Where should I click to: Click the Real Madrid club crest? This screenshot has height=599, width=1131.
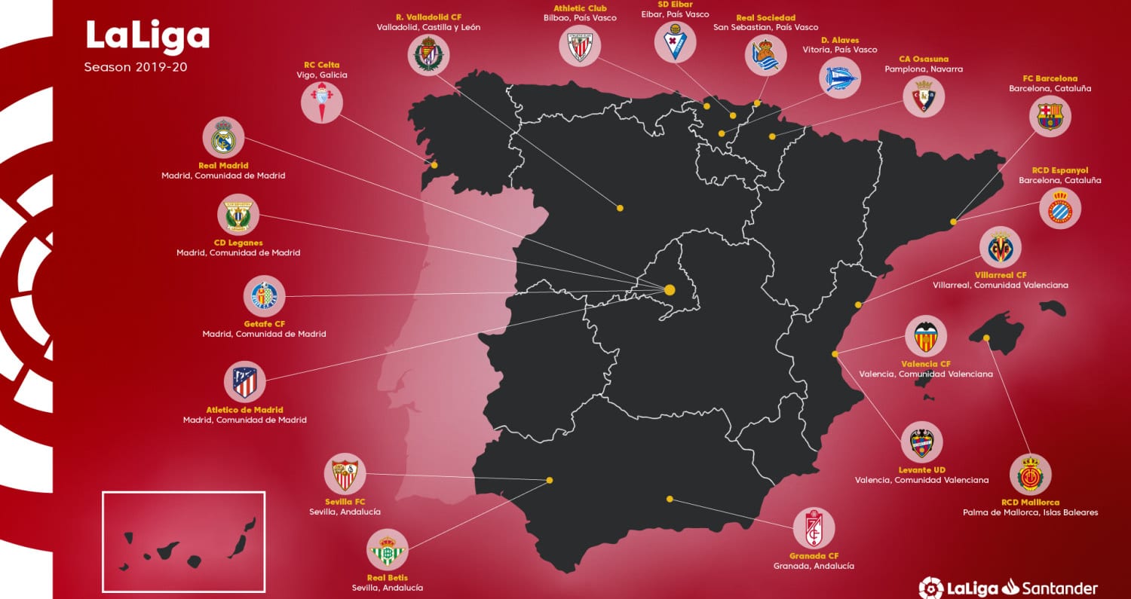[x=223, y=139]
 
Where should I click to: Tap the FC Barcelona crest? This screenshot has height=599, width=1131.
[x=1050, y=116]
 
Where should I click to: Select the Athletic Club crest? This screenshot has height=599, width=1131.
[x=580, y=47]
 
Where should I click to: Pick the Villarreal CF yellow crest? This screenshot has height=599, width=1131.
[x=1001, y=248]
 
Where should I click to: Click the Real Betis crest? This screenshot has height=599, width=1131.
[x=388, y=551]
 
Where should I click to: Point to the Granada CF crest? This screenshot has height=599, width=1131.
[x=814, y=527]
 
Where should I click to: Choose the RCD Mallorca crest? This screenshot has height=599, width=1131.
[x=1030, y=475]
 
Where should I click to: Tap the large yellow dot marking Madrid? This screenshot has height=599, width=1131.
[x=669, y=289]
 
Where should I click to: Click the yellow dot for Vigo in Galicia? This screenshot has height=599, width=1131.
[x=434, y=164]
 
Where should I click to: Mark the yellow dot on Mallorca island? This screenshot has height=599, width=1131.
[x=987, y=338]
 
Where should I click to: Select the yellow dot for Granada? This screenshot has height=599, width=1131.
[x=670, y=499]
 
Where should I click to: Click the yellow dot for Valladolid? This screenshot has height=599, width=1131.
[x=620, y=207]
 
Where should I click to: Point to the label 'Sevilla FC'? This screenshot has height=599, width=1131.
[x=345, y=501]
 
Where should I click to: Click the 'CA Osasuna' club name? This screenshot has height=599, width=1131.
[x=924, y=59]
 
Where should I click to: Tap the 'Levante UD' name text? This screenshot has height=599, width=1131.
[x=921, y=470]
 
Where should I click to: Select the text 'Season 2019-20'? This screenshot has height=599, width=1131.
[x=136, y=67]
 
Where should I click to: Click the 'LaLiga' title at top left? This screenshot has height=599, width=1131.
[x=148, y=35]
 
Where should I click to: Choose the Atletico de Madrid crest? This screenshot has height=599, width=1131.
[x=244, y=383]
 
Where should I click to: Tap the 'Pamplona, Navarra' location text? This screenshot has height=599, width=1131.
[x=924, y=69]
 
